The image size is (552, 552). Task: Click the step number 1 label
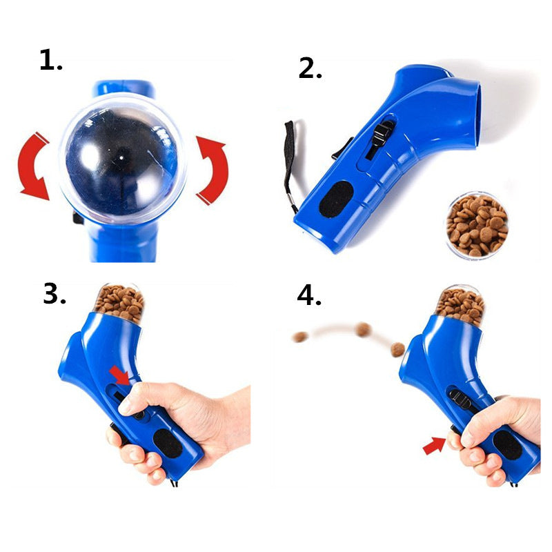(50, 61)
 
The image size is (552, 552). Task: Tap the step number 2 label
(310, 68)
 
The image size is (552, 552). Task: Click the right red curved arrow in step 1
(211, 170)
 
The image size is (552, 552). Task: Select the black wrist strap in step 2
(289, 162)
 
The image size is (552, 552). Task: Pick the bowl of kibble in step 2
(477, 225)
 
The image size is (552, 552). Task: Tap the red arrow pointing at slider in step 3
(119, 375)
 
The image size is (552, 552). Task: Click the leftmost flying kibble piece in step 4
(300, 337)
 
